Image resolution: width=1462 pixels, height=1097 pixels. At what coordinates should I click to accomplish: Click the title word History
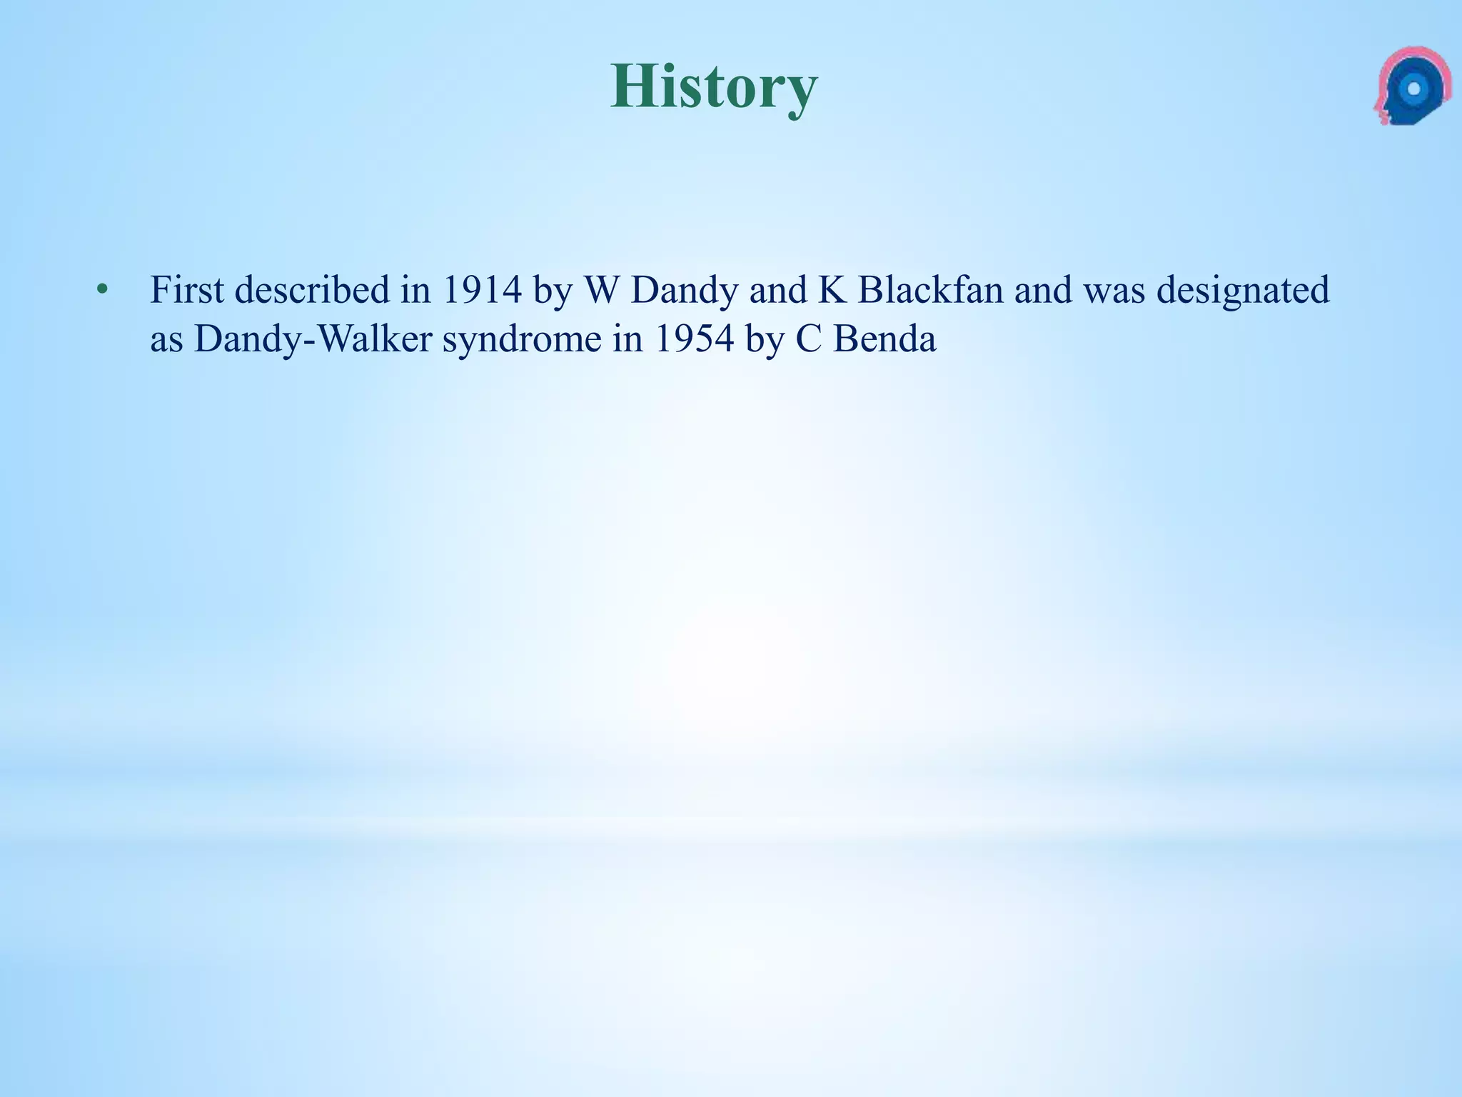pos(713,87)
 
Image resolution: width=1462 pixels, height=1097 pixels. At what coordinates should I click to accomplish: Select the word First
pos(187,290)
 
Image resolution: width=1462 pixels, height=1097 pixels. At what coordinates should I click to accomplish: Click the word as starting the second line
pos(166,340)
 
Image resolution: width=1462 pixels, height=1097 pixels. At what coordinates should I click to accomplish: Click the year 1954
pos(694,339)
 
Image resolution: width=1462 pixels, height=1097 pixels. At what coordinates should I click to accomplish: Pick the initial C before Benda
pos(809,339)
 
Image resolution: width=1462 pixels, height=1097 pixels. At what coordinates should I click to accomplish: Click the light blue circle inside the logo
pos(1413,89)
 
